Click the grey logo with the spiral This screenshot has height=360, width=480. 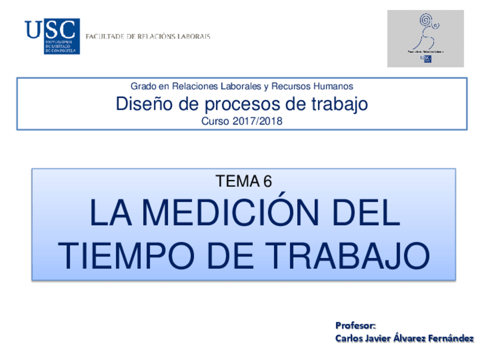coord(426,38)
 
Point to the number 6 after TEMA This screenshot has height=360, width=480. coord(267,181)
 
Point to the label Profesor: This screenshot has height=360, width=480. coord(355,326)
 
